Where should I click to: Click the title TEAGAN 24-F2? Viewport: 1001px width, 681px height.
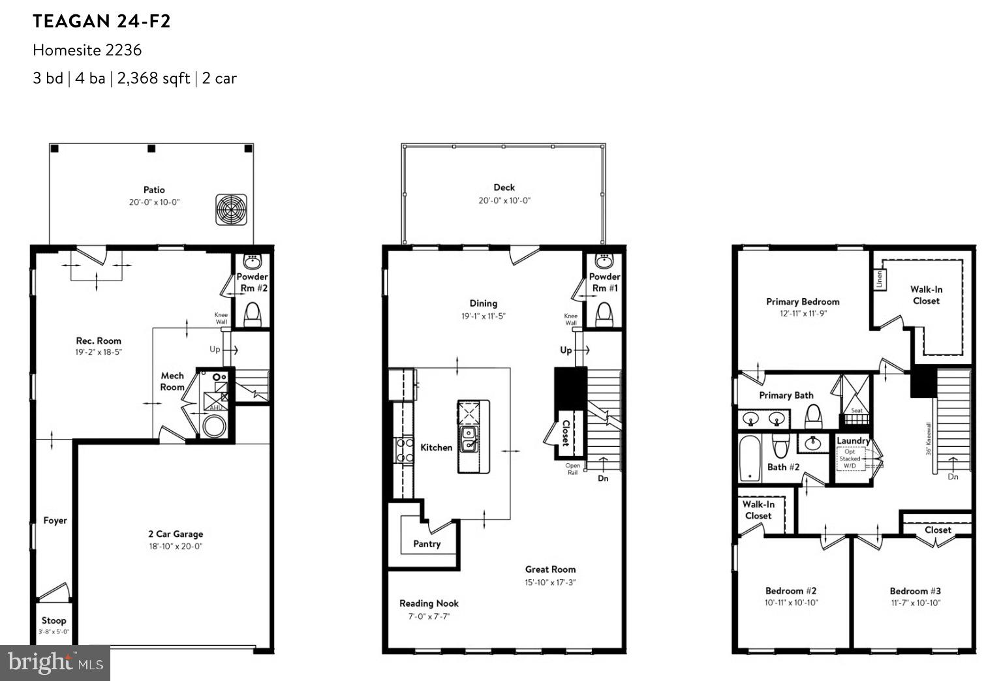tap(102, 22)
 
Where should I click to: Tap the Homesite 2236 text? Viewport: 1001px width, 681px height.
tap(87, 50)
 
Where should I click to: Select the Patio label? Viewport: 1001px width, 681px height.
tap(154, 190)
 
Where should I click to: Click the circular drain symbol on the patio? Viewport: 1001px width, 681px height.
tap(232, 209)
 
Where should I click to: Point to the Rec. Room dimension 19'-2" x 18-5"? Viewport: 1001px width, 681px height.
tap(99, 352)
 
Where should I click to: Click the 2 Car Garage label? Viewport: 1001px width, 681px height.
tap(175, 534)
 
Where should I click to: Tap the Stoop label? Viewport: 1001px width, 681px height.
tap(54, 620)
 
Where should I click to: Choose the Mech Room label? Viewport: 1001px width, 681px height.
tap(172, 381)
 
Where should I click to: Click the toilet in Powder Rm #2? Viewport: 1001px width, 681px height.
tap(253, 315)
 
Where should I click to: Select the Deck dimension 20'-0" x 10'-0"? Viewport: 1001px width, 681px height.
tap(504, 201)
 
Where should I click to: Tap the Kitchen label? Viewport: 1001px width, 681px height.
tap(436, 447)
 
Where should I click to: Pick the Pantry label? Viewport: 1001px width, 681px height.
tap(427, 544)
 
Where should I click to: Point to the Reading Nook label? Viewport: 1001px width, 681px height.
tap(429, 603)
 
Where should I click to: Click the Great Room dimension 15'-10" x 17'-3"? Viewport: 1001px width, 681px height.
tap(550, 583)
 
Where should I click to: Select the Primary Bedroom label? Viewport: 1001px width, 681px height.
tap(803, 301)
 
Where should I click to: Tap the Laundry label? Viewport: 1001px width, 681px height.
tap(853, 441)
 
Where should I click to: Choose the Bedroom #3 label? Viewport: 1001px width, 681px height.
tap(915, 591)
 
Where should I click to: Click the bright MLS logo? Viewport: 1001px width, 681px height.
tap(55, 663)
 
